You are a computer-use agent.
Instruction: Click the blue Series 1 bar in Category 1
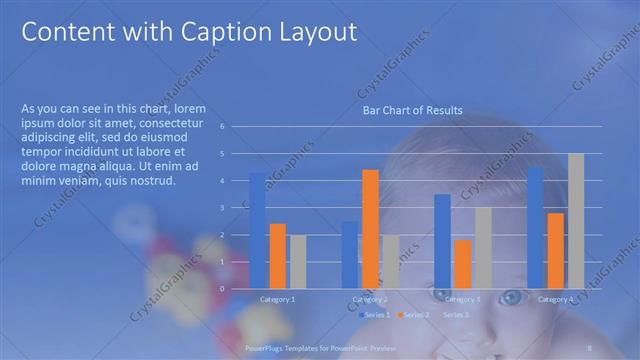pos(258,230)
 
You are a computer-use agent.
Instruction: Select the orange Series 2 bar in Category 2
pos(370,229)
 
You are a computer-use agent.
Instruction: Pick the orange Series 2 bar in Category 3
pos(463,264)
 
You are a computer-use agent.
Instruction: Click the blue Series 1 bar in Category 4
pos(535,228)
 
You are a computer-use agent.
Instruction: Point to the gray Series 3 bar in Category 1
pos(298,261)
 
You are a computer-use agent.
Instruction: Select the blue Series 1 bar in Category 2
pos(350,254)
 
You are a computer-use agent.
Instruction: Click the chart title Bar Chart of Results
pos(412,111)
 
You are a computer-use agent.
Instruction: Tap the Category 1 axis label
pos(277,299)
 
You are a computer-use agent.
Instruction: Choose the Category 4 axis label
pos(555,299)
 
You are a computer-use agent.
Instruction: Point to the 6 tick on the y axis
pos(236,127)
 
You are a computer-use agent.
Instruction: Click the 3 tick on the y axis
pos(236,208)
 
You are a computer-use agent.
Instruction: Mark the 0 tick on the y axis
pos(236,289)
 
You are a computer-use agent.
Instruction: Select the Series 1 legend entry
pos(373,315)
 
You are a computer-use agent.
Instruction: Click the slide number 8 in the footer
pos(591,347)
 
